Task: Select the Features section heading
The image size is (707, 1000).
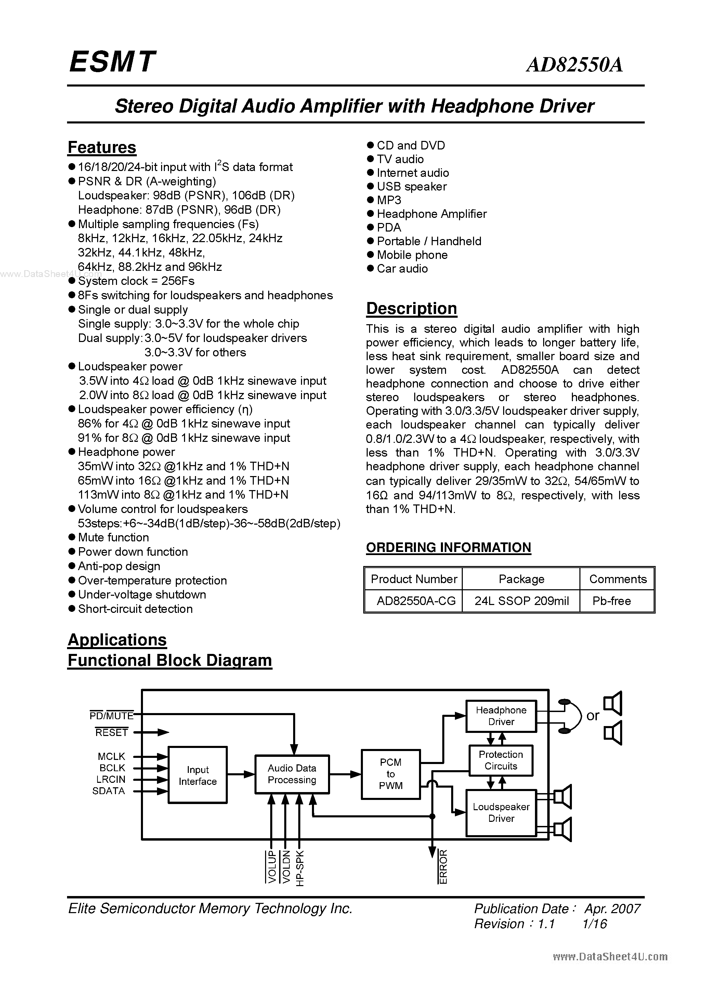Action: coord(102,148)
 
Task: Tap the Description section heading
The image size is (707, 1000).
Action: coord(411,308)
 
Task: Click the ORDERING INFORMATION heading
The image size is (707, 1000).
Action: coord(448,548)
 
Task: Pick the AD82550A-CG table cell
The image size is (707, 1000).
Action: coord(416,601)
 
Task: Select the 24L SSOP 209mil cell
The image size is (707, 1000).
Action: coord(521,601)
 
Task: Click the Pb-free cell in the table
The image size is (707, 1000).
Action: coord(611,601)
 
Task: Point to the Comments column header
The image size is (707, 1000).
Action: coord(618,579)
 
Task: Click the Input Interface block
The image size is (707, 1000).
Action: coord(197,776)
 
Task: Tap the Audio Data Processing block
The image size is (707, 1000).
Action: coord(292,774)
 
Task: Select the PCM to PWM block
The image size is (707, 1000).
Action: coord(390,774)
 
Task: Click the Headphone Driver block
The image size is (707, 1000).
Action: coord(501,716)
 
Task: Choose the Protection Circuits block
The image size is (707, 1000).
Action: coord(500,761)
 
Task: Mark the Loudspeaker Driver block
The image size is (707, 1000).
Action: coord(501,813)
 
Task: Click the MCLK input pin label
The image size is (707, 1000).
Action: coord(111,756)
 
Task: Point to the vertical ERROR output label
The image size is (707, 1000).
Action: coord(443,867)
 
